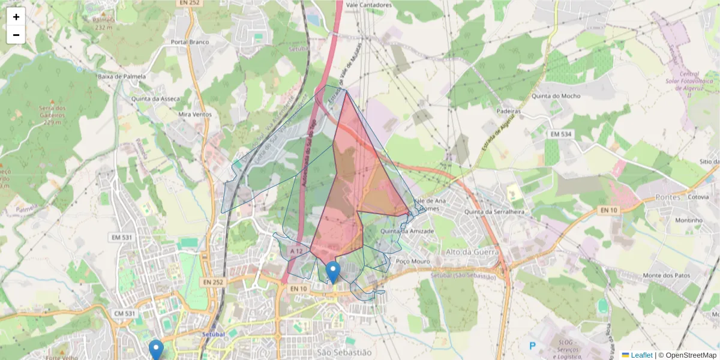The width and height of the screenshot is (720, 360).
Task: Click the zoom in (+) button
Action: click(16, 17)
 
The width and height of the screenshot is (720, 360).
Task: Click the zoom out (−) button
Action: click(16, 35)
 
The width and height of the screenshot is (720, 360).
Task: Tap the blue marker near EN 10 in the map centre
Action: click(332, 272)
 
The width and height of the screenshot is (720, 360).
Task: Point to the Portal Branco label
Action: click(190, 42)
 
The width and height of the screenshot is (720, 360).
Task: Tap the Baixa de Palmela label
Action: click(121, 77)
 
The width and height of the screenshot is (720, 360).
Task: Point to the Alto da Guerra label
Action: click(472, 252)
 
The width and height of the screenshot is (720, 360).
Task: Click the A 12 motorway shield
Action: click(295, 250)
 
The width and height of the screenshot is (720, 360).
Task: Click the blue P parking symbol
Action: click(532, 346)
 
